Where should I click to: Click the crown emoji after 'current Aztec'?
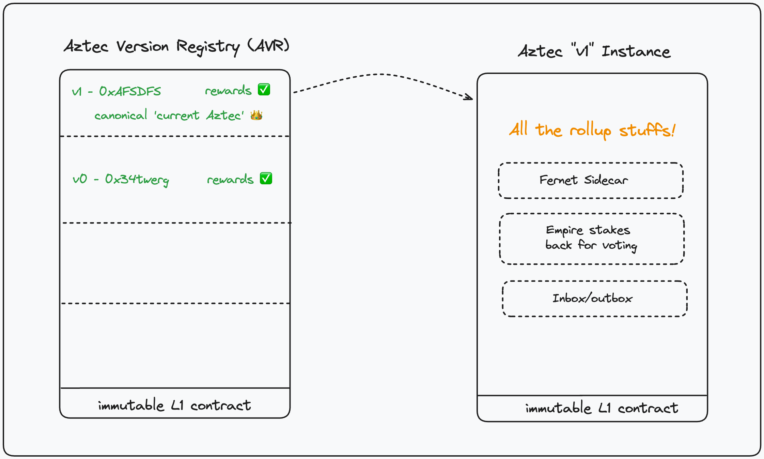point(256,115)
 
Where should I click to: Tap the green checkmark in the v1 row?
point(264,90)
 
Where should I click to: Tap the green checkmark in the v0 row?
point(266,178)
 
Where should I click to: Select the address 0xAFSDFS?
point(130,91)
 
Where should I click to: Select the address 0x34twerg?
point(137,179)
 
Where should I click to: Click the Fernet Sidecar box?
point(591,181)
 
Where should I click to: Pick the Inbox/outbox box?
point(594,299)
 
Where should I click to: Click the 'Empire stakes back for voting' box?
point(592,239)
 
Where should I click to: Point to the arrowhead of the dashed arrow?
point(470,98)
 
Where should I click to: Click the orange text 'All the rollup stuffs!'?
point(592,130)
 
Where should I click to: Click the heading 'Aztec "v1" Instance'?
point(594,51)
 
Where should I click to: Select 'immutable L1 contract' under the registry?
point(174,405)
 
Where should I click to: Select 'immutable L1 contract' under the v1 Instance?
point(602,408)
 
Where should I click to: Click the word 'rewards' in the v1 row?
point(228,91)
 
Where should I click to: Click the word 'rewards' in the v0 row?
point(230,180)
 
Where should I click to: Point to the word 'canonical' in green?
point(121,116)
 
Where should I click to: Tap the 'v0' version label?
point(80,179)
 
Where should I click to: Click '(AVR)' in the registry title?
point(268,46)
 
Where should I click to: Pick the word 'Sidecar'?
point(606,180)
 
